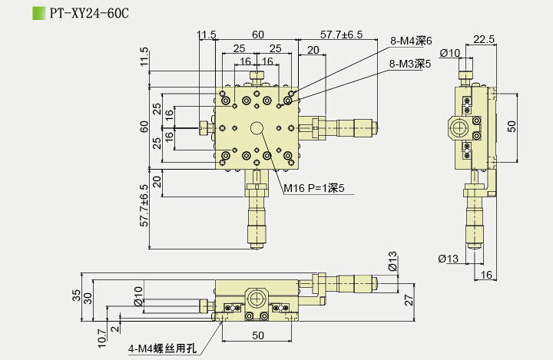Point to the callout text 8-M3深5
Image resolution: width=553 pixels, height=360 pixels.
point(411,64)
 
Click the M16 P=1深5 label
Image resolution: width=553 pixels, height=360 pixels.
point(313,188)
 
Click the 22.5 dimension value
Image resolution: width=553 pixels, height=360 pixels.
point(484,39)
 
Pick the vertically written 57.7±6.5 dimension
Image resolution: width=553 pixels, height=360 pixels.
point(144,218)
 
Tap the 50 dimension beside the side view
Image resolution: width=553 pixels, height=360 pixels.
point(512,124)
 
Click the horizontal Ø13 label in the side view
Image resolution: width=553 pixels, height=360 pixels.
point(449,259)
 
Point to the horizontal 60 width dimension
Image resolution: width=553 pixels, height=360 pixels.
point(257,35)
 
